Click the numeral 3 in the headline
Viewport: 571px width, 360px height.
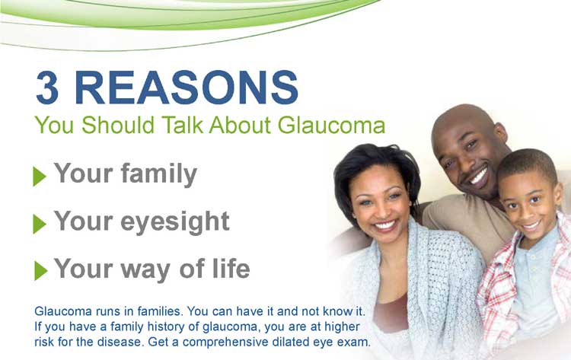click(47, 88)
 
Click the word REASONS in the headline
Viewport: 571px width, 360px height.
click(187, 88)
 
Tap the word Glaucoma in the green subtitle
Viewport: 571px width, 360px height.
click(331, 125)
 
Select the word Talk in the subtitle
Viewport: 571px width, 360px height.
click(182, 125)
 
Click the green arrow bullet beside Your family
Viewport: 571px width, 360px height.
click(40, 176)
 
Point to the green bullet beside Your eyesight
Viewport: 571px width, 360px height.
click(40, 224)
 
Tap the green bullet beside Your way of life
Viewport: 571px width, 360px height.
click(41, 270)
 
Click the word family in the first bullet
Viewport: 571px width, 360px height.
click(159, 175)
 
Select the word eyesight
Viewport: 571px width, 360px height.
click(175, 221)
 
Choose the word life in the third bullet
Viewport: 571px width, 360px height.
click(231, 268)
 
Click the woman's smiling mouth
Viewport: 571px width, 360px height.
click(384, 226)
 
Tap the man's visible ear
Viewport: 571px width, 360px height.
click(502, 133)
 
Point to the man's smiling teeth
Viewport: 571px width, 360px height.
click(478, 177)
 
